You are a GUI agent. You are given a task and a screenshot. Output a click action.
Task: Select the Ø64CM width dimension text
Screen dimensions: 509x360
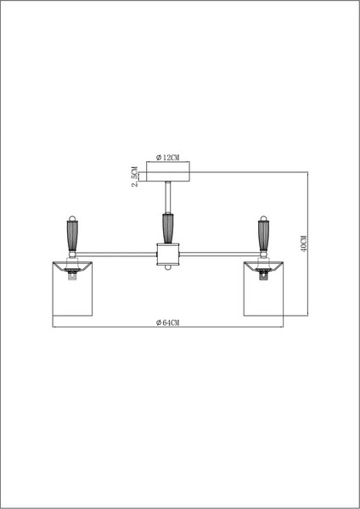[x=169, y=323]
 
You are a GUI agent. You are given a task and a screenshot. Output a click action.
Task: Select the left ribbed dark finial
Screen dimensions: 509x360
[x=71, y=234]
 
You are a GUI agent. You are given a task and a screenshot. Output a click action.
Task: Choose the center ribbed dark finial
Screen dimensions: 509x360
[x=168, y=228]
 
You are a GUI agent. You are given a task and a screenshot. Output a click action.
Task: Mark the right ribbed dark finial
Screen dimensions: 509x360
[x=264, y=234]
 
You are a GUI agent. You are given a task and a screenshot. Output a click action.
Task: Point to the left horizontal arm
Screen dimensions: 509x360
[x=115, y=252]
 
